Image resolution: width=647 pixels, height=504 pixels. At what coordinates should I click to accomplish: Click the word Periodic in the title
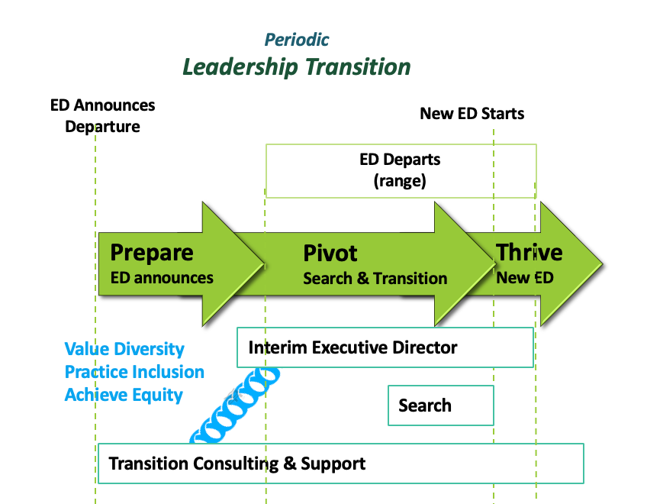[297, 40]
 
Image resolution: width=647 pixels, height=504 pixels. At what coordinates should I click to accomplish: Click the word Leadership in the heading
[240, 67]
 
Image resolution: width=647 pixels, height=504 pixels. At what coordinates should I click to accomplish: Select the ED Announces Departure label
[103, 116]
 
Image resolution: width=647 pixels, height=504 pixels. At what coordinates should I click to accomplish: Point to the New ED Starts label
[472, 114]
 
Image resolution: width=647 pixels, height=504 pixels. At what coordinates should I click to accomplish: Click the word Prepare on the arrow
[152, 253]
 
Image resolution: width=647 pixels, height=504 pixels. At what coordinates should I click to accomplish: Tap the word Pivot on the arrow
[330, 253]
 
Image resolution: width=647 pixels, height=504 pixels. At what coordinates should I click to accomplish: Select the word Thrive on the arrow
[530, 252]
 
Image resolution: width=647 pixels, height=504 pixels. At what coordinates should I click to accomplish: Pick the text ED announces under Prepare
[162, 278]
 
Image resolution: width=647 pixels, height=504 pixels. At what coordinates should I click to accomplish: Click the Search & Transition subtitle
[375, 279]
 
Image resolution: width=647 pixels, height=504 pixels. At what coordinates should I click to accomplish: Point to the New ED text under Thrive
[525, 278]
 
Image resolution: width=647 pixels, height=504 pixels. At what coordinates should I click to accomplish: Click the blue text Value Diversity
[124, 349]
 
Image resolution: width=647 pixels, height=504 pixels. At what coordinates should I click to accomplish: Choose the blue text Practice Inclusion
[134, 372]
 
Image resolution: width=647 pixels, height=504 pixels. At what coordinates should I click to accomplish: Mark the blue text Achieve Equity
[124, 395]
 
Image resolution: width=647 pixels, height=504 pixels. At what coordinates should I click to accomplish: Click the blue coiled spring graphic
[234, 405]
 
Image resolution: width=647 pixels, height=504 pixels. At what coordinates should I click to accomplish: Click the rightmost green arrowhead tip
[603, 263]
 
